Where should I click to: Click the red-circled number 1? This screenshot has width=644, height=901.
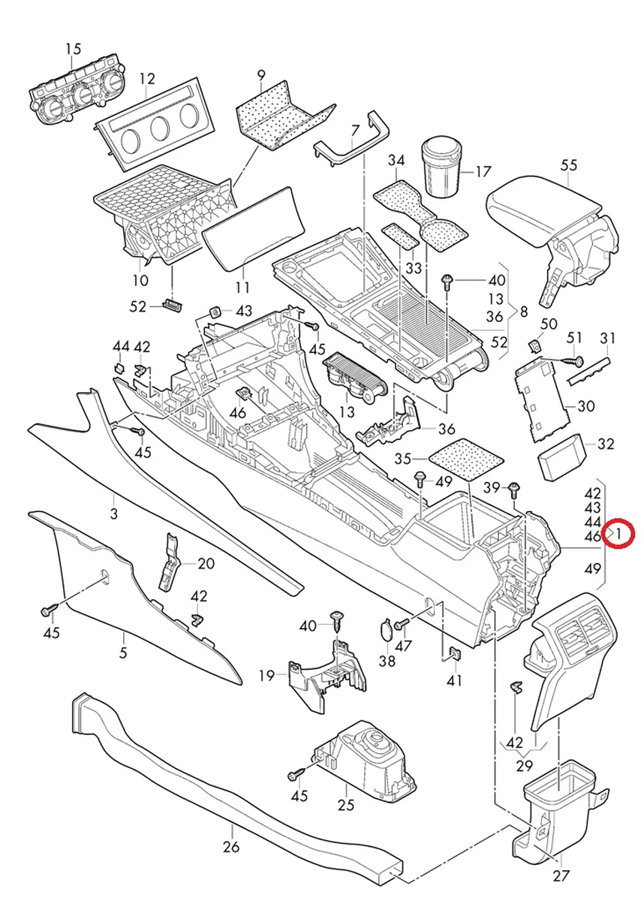point(621,534)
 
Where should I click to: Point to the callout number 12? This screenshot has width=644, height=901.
point(146,79)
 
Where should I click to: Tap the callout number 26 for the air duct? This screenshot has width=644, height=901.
point(230,847)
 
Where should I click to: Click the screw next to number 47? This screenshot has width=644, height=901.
point(401,623)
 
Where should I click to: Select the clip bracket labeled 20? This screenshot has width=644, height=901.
point(170,563)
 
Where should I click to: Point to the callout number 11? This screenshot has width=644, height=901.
point(242,288)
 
